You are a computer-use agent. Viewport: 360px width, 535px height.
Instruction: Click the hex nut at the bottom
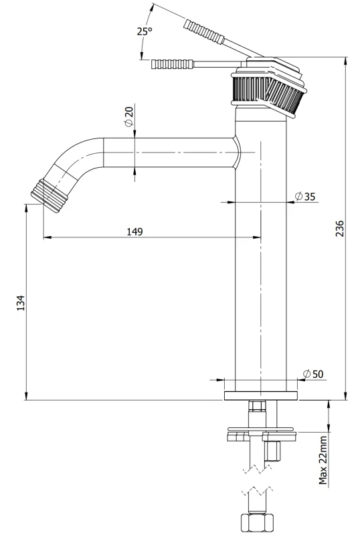[256, 522]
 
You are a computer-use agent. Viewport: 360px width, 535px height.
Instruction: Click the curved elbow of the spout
[74, 157]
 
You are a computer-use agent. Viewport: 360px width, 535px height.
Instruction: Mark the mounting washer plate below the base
[261, 430]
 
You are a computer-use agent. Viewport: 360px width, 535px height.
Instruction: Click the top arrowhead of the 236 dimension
[345, 60]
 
